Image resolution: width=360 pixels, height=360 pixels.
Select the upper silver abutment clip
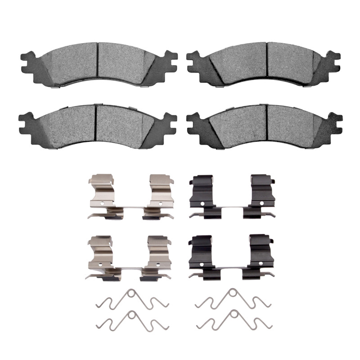tap(130, 198)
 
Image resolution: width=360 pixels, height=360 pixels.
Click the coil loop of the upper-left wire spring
tap(131, 293)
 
